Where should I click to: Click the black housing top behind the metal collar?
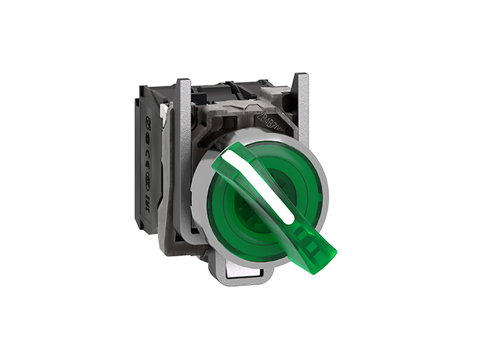coord(226,89)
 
